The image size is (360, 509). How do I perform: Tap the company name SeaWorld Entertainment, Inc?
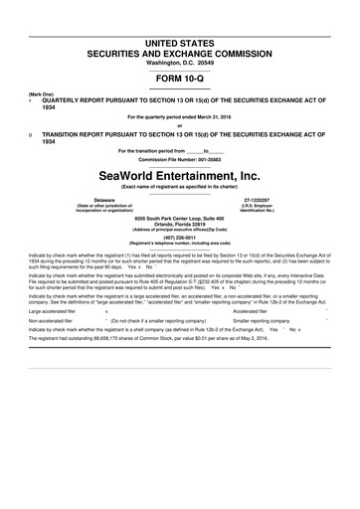click(179, 176)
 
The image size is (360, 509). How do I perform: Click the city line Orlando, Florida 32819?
click(179, 223)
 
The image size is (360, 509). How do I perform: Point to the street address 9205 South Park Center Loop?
click(179, 217)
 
